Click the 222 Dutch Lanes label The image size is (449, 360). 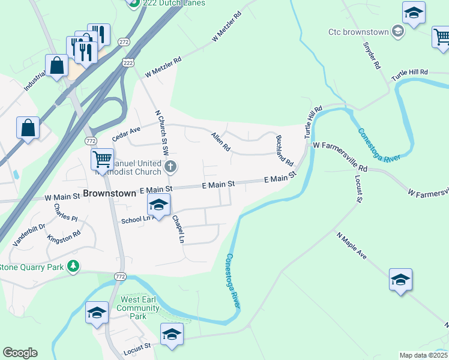click(173, 3)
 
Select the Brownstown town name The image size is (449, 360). click(110, 194)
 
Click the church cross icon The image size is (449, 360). click(170, 166)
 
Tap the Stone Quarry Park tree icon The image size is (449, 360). click(73, 266)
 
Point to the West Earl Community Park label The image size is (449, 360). click(139, 308)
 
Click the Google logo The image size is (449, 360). click(20, 353)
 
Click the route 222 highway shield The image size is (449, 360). click(127, 62)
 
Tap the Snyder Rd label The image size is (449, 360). click(372, 55)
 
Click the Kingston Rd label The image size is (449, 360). click(64, 238)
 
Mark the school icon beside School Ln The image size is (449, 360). click(158, 206)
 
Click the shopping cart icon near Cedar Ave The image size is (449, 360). click(103, 160)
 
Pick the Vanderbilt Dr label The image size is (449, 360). click(29, 236)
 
